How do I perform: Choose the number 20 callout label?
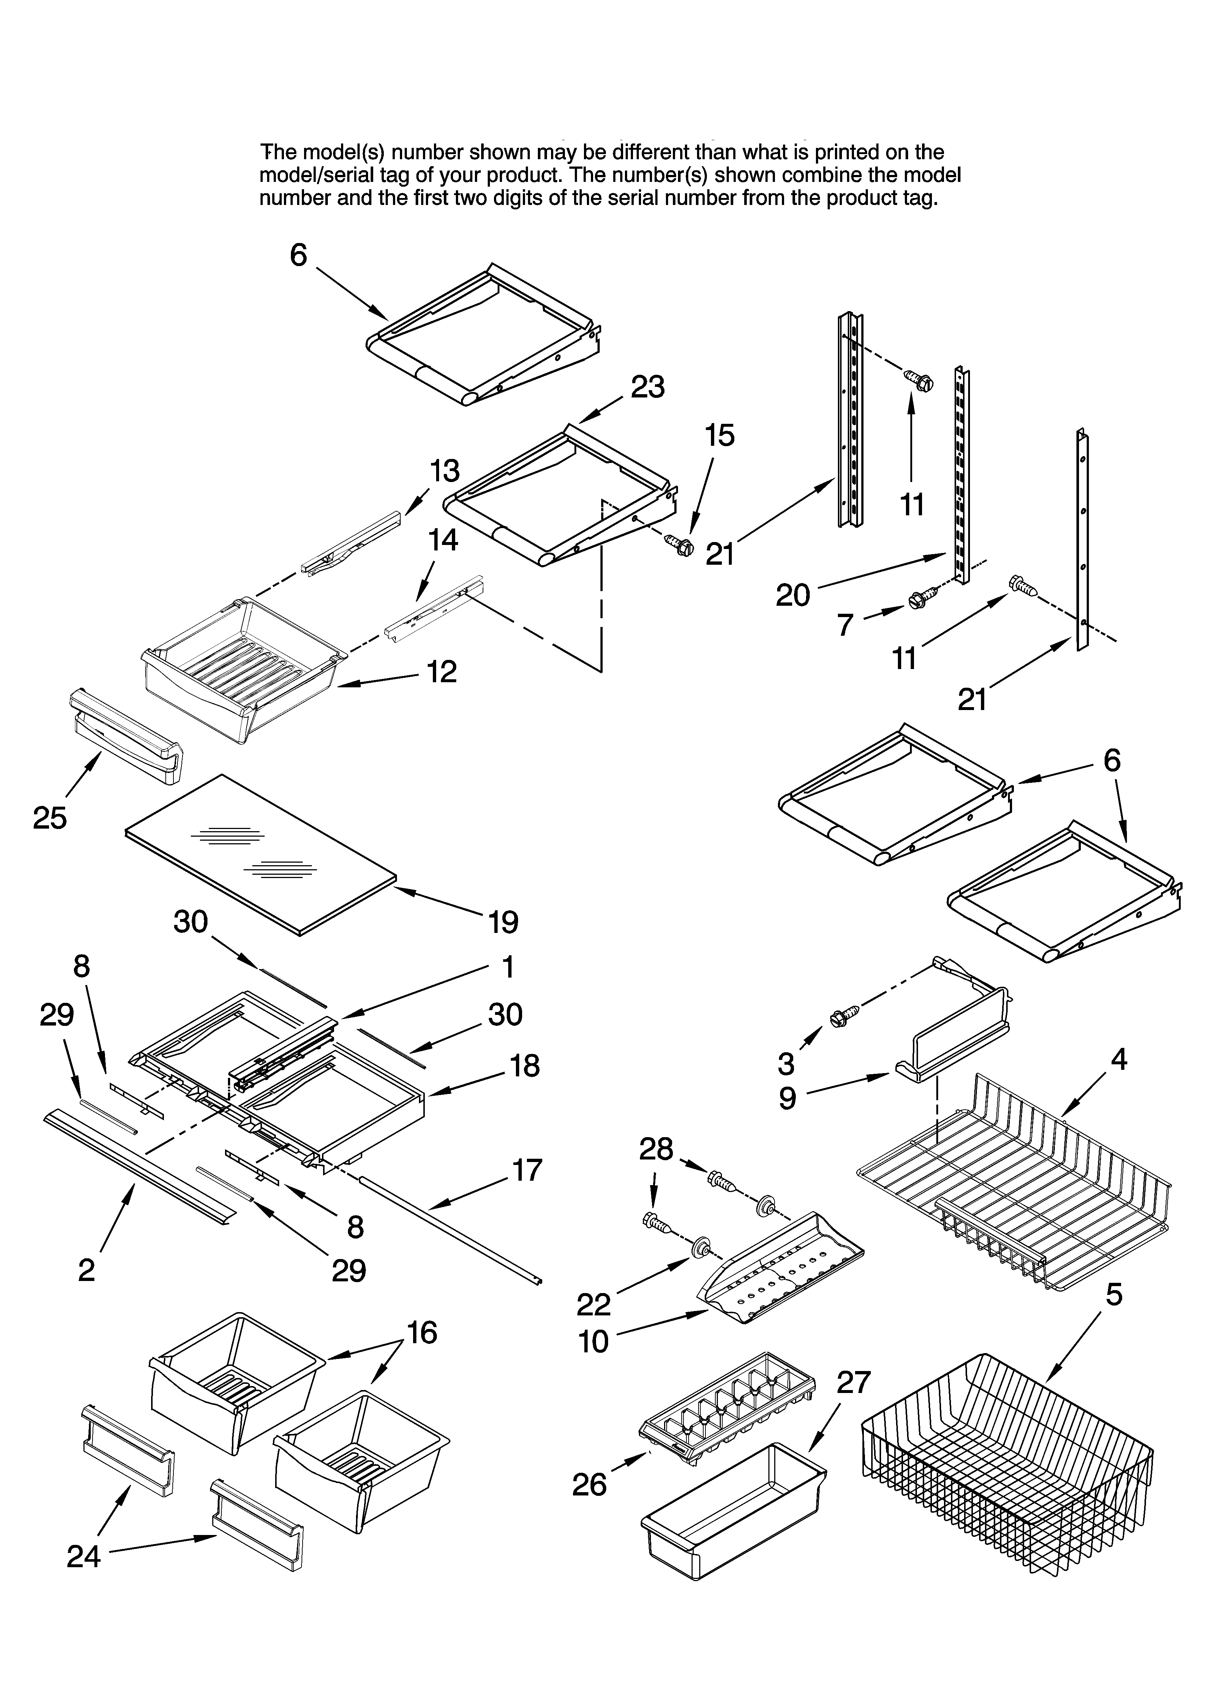(792, 595)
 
